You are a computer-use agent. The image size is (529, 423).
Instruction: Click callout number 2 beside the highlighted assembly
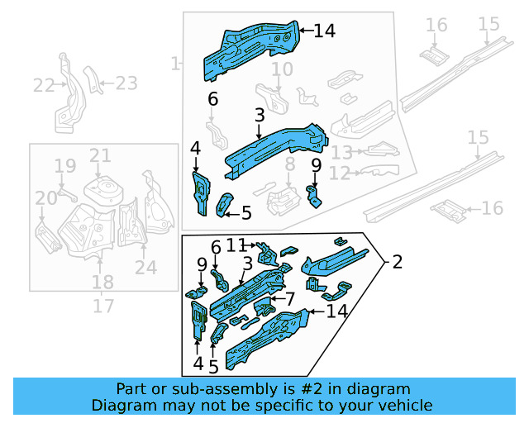point(398,263)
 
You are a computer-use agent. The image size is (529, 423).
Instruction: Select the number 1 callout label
point(174,63)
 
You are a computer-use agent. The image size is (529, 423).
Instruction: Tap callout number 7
point(290,297)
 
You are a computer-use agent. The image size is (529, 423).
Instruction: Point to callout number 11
point(237,245)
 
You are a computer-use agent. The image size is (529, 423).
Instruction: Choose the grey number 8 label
point(289,166)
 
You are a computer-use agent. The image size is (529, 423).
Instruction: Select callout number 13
point(341,152)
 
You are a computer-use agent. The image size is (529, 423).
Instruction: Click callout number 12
point(340,173)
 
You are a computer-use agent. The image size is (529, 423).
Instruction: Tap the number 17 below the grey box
point(102,307)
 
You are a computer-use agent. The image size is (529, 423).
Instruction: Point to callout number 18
point(102,283)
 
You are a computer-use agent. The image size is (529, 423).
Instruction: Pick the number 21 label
point(100,155)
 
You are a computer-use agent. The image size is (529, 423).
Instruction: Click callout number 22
point(43,85)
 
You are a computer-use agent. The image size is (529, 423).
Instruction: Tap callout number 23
point(126,83)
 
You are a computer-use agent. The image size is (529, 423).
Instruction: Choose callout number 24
point(145,267)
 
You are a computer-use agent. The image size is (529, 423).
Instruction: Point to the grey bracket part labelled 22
point(64,95)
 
